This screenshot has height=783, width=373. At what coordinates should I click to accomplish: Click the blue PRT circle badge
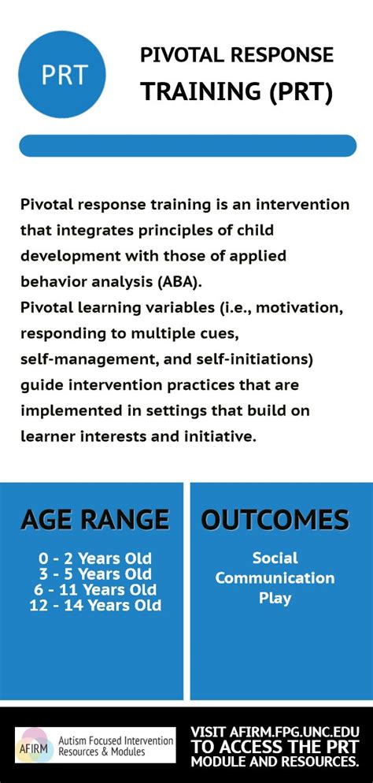pyautogui.click(x=62, y=74)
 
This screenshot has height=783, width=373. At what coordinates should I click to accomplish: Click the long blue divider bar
pyautogui.click(x=187, y=146)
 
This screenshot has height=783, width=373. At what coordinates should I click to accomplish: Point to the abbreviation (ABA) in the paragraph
pyautogui.click(x=178, y=282)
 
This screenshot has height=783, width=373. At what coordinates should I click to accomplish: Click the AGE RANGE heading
pyautogui.click(x=94, y=520)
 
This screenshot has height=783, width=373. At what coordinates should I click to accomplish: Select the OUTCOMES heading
pyautogui.click(x=275, y=520)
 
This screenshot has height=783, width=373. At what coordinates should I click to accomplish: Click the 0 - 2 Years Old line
pyautogui.click(x=94, y=558)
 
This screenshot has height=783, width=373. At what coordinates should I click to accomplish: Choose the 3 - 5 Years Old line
pyautogui.click(x=94, y=573)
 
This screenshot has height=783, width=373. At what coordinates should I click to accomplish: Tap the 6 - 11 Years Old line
pyautogui.click(x=94, y=590)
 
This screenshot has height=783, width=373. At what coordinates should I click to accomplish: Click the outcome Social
pyautogui.click(x=275, y=558)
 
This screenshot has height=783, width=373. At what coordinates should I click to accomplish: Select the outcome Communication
pyautogui.click(x=275, y=577)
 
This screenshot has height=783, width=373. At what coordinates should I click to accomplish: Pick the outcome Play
pyautogui.click(x=275, y=598)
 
